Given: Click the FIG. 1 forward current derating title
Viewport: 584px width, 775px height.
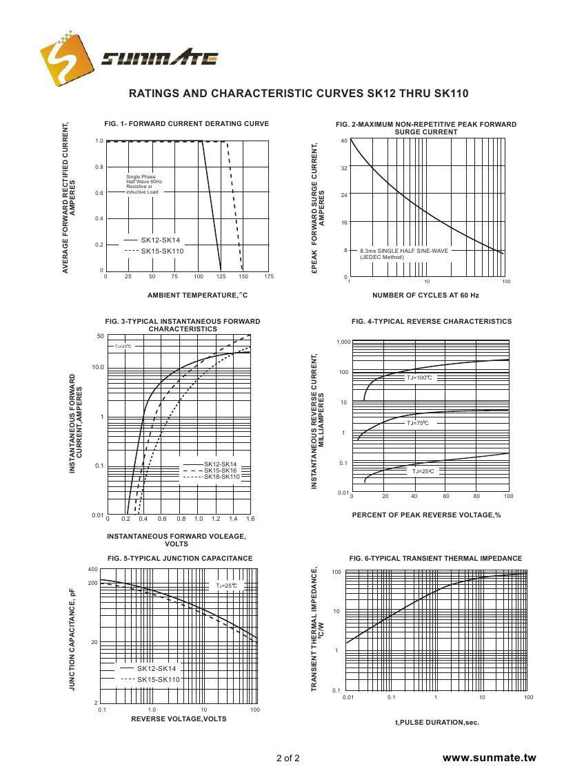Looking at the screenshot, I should point(186,124).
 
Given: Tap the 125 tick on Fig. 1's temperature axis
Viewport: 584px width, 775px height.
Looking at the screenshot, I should point(221,276).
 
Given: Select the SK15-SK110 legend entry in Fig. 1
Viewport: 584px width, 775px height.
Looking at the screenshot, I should point(162,251).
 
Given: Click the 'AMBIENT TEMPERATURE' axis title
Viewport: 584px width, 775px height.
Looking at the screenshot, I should point(197,295).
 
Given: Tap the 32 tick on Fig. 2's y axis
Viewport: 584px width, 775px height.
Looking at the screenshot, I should point(344,168).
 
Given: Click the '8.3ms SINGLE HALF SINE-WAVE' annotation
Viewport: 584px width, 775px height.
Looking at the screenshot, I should point(403,251).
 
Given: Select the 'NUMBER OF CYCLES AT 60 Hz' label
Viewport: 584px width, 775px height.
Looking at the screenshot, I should point(425,295).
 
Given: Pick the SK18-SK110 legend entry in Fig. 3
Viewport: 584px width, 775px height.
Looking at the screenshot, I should point(221,477).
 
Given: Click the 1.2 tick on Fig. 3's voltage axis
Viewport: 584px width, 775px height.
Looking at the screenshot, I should point(216,518).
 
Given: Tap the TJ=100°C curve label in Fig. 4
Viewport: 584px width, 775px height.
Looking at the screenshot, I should point(419,378).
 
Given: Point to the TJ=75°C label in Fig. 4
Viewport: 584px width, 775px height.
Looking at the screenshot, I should point(418,423).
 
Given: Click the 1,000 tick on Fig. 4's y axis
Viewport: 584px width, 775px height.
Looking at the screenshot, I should point(343,342).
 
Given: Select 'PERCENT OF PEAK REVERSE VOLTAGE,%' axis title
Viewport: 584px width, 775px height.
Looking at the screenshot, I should point(426,515).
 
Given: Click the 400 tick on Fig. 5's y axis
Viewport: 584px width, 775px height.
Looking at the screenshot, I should point(93,569).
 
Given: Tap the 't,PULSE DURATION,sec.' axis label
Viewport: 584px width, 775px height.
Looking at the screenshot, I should point(436,723).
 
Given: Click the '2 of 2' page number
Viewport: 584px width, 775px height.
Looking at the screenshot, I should point(288,758).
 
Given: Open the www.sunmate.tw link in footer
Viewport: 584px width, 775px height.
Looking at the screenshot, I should point(489,758).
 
